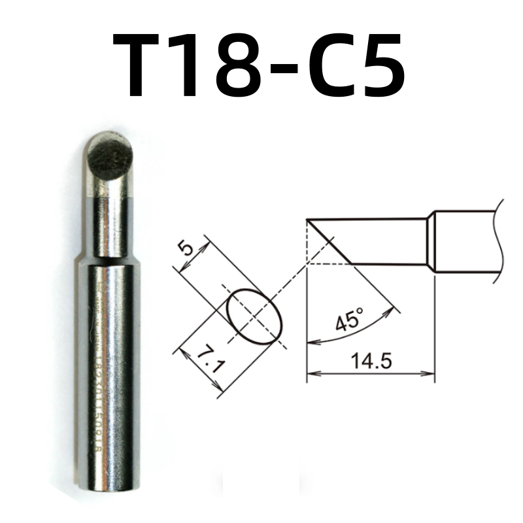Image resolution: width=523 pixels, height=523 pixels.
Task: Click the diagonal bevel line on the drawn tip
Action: tap(329, 242)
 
